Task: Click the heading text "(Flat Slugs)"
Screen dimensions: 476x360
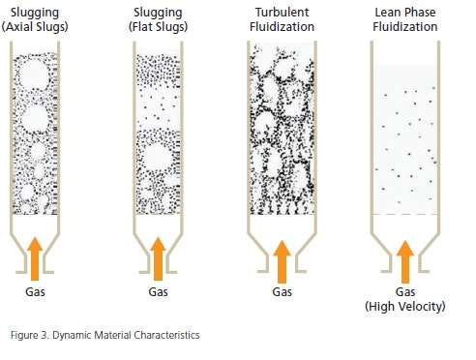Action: click(x=159, y=26)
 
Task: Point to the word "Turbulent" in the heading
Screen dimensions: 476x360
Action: click(x=282, y=12)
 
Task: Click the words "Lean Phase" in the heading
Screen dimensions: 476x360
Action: click(x=406, y=12)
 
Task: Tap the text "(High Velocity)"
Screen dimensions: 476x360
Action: click(x=406, y=306)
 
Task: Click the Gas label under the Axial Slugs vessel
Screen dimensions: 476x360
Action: click(x=35, y=290)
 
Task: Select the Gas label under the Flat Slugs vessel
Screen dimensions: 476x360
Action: click(x=159, y=290)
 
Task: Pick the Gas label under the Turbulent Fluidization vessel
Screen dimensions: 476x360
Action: click(x=282, y=290)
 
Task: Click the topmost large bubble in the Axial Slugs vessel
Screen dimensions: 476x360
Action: click(x=33, y=75)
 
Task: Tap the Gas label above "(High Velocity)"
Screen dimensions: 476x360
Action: click(x=406, y=291)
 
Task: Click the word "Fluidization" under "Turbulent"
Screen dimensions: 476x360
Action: click(x=282, y=26)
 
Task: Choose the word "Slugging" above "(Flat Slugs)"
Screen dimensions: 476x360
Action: click(x=159, y=12)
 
